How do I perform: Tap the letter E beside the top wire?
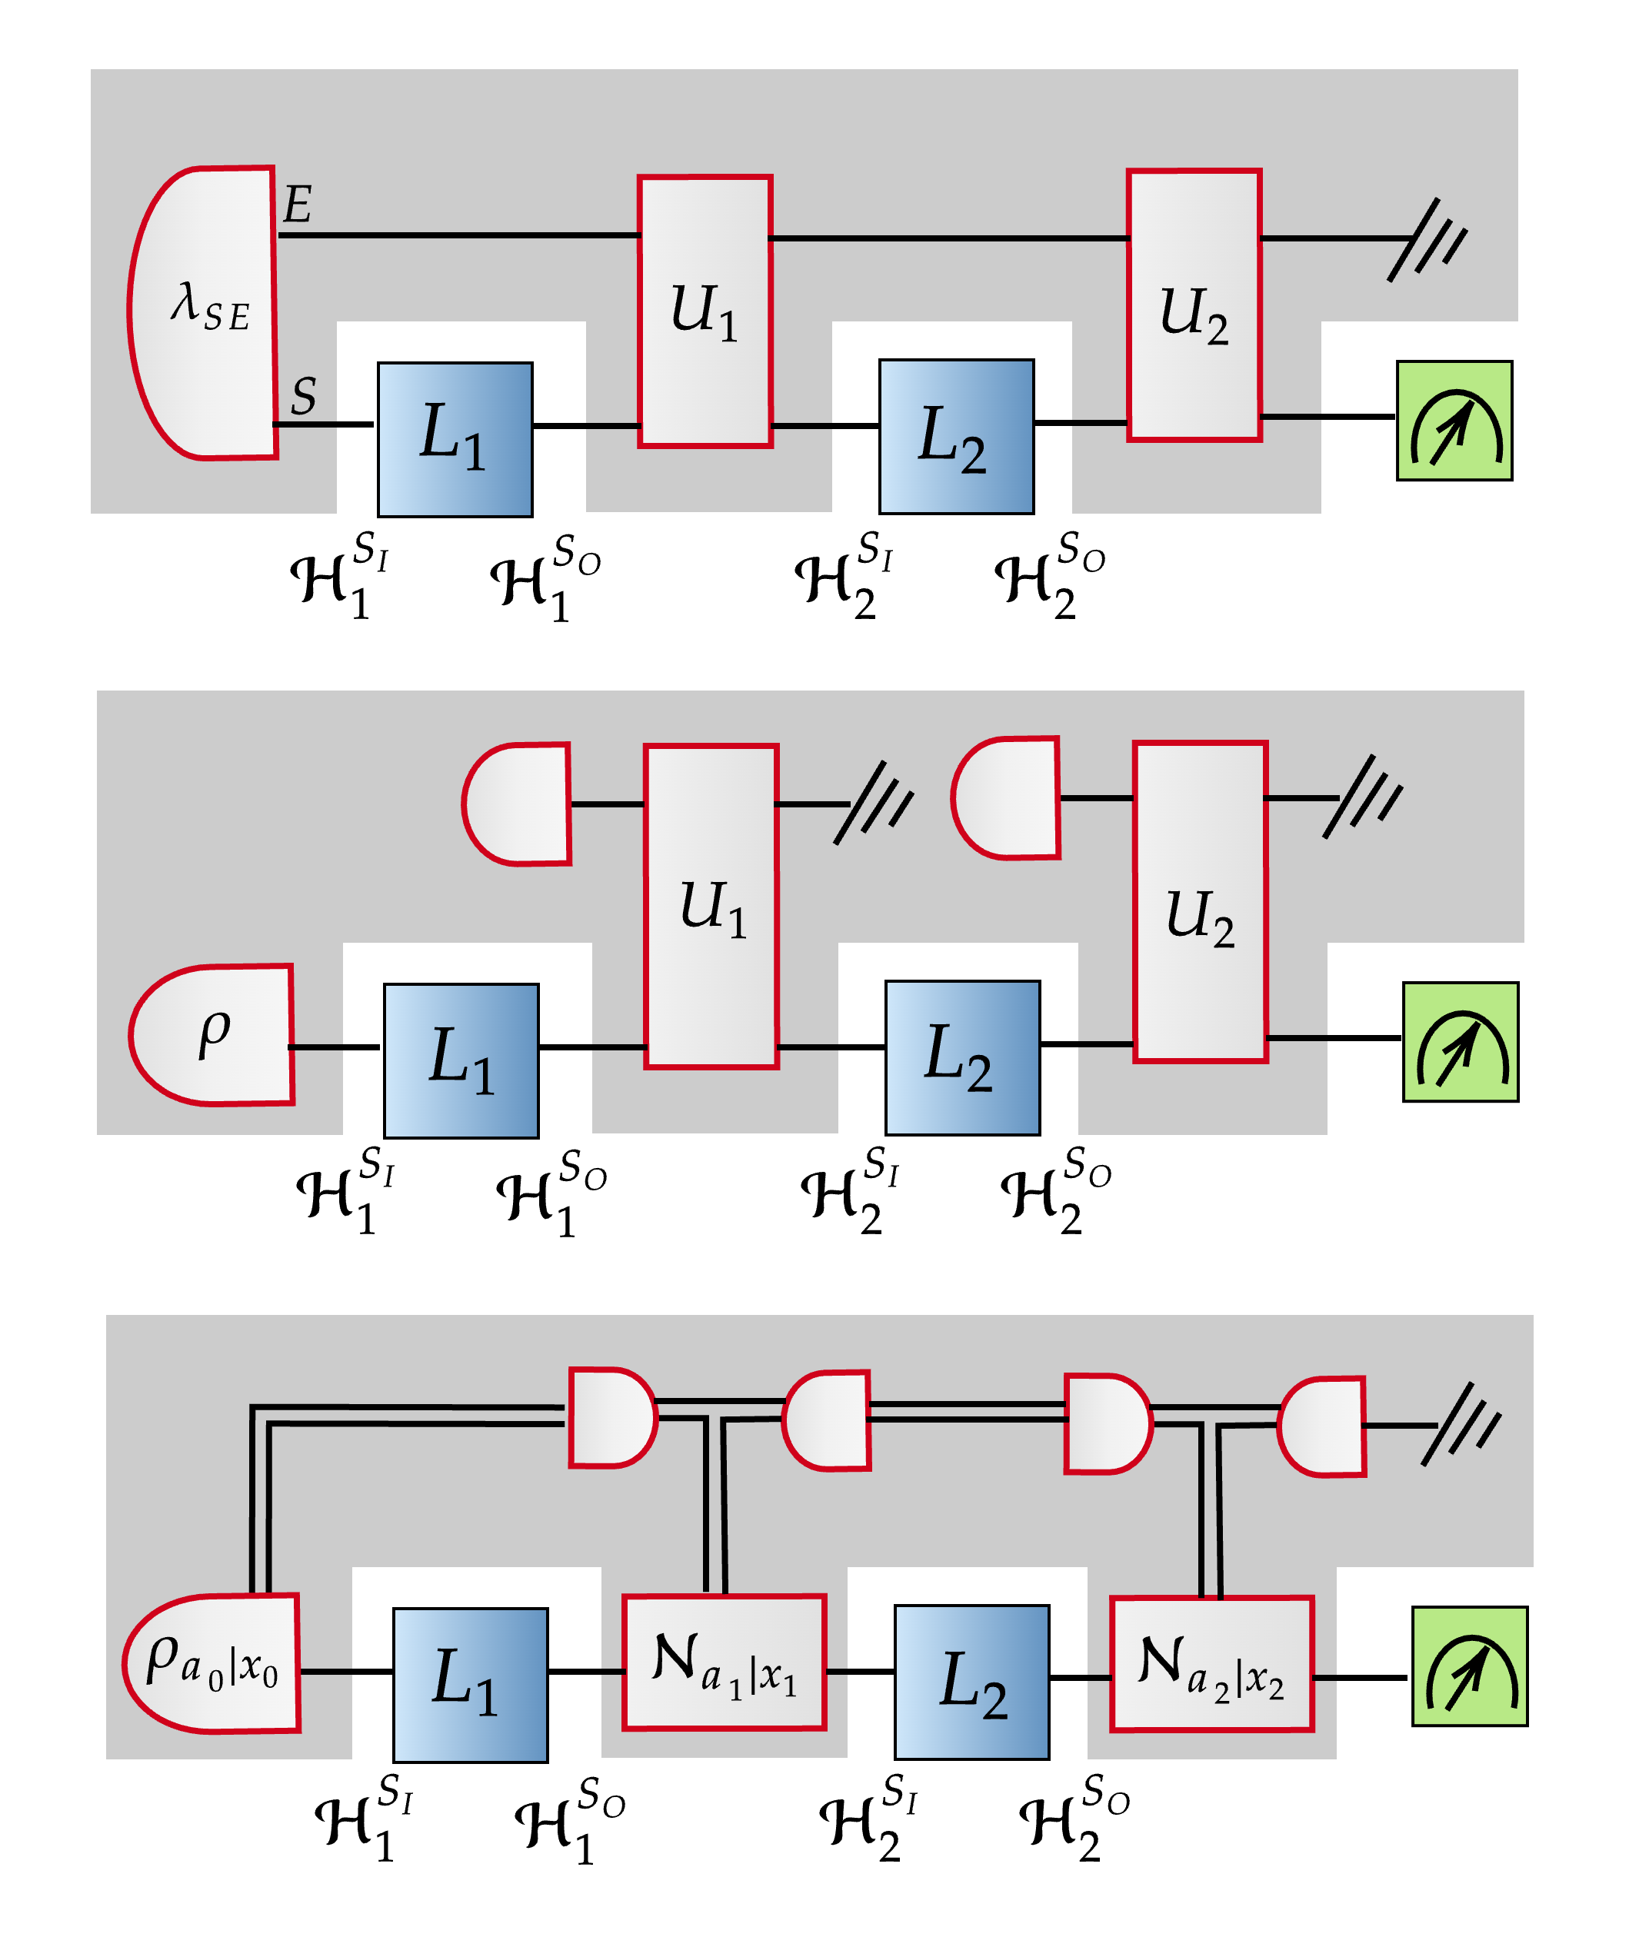[x=298, y=205]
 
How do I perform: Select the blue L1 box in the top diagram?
[x=455, y=438]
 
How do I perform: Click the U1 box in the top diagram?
[x=705, y=311]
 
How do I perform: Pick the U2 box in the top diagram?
[x=1194, y=305]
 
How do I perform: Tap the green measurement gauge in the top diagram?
[x=1454, y=421]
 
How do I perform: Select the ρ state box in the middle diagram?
[x=214, y=1035]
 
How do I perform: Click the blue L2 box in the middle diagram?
[x=962, y=1057]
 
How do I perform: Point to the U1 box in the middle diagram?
[x=711, y=906]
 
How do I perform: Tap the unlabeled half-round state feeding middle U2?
[x=1007, y=798]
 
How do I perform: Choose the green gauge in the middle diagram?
[x=1460, y=1041]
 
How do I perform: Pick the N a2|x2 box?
[x=1211, y=1664]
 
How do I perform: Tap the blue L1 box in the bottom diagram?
[x=470, y=1684]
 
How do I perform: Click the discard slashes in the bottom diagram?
[x=1460, y=1425]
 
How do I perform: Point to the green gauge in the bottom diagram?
[x=1470, y=1666]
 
